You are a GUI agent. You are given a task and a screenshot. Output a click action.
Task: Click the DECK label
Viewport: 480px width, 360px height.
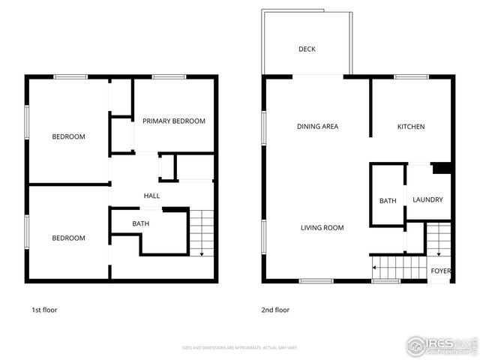[307, 49]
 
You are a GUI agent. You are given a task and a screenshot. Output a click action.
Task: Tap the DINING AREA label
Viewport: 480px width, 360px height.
[317, 127]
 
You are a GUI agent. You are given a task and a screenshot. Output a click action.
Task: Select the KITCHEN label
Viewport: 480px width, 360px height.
[411, 127]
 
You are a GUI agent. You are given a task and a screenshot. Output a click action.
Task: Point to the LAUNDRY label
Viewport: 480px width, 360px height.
[427, 200]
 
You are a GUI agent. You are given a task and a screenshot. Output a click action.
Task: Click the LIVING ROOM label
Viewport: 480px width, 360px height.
[322, 227]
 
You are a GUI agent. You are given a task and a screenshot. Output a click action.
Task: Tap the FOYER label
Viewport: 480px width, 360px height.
[440, 271]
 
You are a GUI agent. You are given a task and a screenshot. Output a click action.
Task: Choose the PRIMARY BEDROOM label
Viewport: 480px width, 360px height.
[174, 121]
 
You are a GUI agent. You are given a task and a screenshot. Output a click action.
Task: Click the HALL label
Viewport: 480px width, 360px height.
[151, 196]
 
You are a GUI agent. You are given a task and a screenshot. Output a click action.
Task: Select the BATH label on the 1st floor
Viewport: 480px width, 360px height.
[141, 223]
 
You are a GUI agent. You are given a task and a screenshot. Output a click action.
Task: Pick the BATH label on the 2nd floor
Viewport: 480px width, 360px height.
[388, 201]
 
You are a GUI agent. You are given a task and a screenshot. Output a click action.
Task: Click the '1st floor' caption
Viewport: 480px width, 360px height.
[44, 310]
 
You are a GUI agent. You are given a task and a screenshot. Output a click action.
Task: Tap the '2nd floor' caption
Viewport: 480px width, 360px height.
[276, 310]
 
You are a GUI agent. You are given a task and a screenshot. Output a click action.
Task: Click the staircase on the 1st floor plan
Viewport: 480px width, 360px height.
[201, 232]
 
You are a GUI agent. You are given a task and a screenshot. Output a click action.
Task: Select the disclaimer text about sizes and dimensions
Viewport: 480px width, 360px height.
[240, 348]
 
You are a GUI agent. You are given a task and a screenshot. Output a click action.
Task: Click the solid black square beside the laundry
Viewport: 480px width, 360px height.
[441, 168]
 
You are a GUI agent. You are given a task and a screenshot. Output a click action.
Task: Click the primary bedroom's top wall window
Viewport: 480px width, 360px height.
[169, 76]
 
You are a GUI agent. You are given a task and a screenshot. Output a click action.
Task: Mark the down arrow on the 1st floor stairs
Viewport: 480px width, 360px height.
[201, 253]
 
